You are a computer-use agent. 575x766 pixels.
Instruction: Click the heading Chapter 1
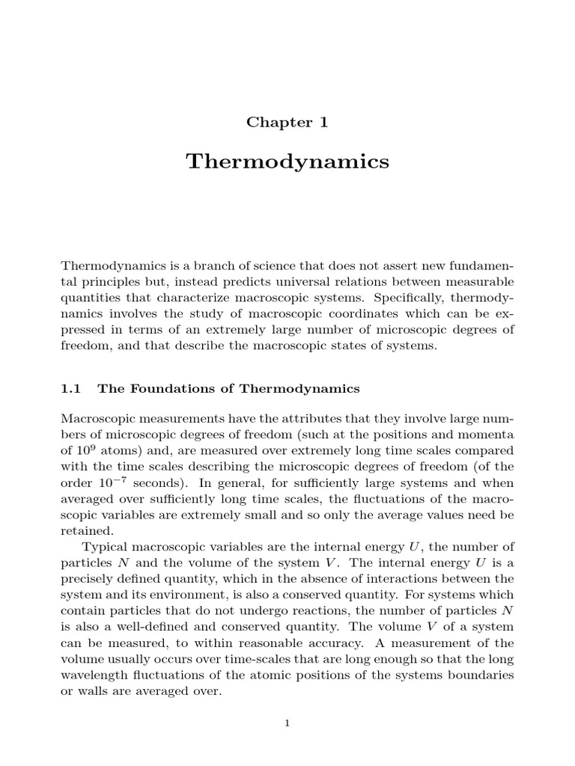pos(287,123)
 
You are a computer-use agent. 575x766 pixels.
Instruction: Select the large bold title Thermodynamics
pos(287,162)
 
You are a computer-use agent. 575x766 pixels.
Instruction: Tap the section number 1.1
pos(70,388)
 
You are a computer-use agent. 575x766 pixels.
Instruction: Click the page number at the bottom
pos(287,722)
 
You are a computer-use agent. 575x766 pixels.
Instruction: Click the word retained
pos(87,531)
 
